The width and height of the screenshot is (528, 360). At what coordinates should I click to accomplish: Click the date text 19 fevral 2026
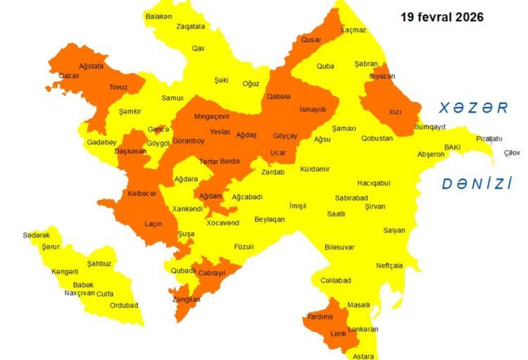441,17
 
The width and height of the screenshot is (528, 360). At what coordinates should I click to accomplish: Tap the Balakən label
158,16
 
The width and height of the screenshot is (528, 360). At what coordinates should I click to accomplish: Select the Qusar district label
311,40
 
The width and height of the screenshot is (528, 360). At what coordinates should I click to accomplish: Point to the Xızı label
396,111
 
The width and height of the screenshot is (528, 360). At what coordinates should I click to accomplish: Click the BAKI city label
452,147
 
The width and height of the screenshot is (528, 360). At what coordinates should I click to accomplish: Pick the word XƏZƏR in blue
473,108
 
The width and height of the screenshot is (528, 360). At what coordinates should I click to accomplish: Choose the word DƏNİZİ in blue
477,185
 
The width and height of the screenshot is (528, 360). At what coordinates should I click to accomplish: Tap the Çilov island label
513,153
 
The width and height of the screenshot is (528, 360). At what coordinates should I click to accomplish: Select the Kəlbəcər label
142,194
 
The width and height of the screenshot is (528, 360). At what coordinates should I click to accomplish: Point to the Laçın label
153,223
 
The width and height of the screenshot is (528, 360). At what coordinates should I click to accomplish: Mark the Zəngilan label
186,299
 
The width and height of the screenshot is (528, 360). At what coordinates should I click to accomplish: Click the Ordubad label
124,305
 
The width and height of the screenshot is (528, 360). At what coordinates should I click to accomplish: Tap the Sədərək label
36,235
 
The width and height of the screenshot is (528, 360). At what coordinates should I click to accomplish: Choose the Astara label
363,356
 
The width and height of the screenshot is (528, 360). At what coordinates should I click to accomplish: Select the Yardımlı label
319,316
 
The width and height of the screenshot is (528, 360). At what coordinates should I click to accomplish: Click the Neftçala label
389,266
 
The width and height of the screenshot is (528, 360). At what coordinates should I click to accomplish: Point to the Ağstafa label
91,66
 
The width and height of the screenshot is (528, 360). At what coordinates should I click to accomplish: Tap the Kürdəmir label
315,169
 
